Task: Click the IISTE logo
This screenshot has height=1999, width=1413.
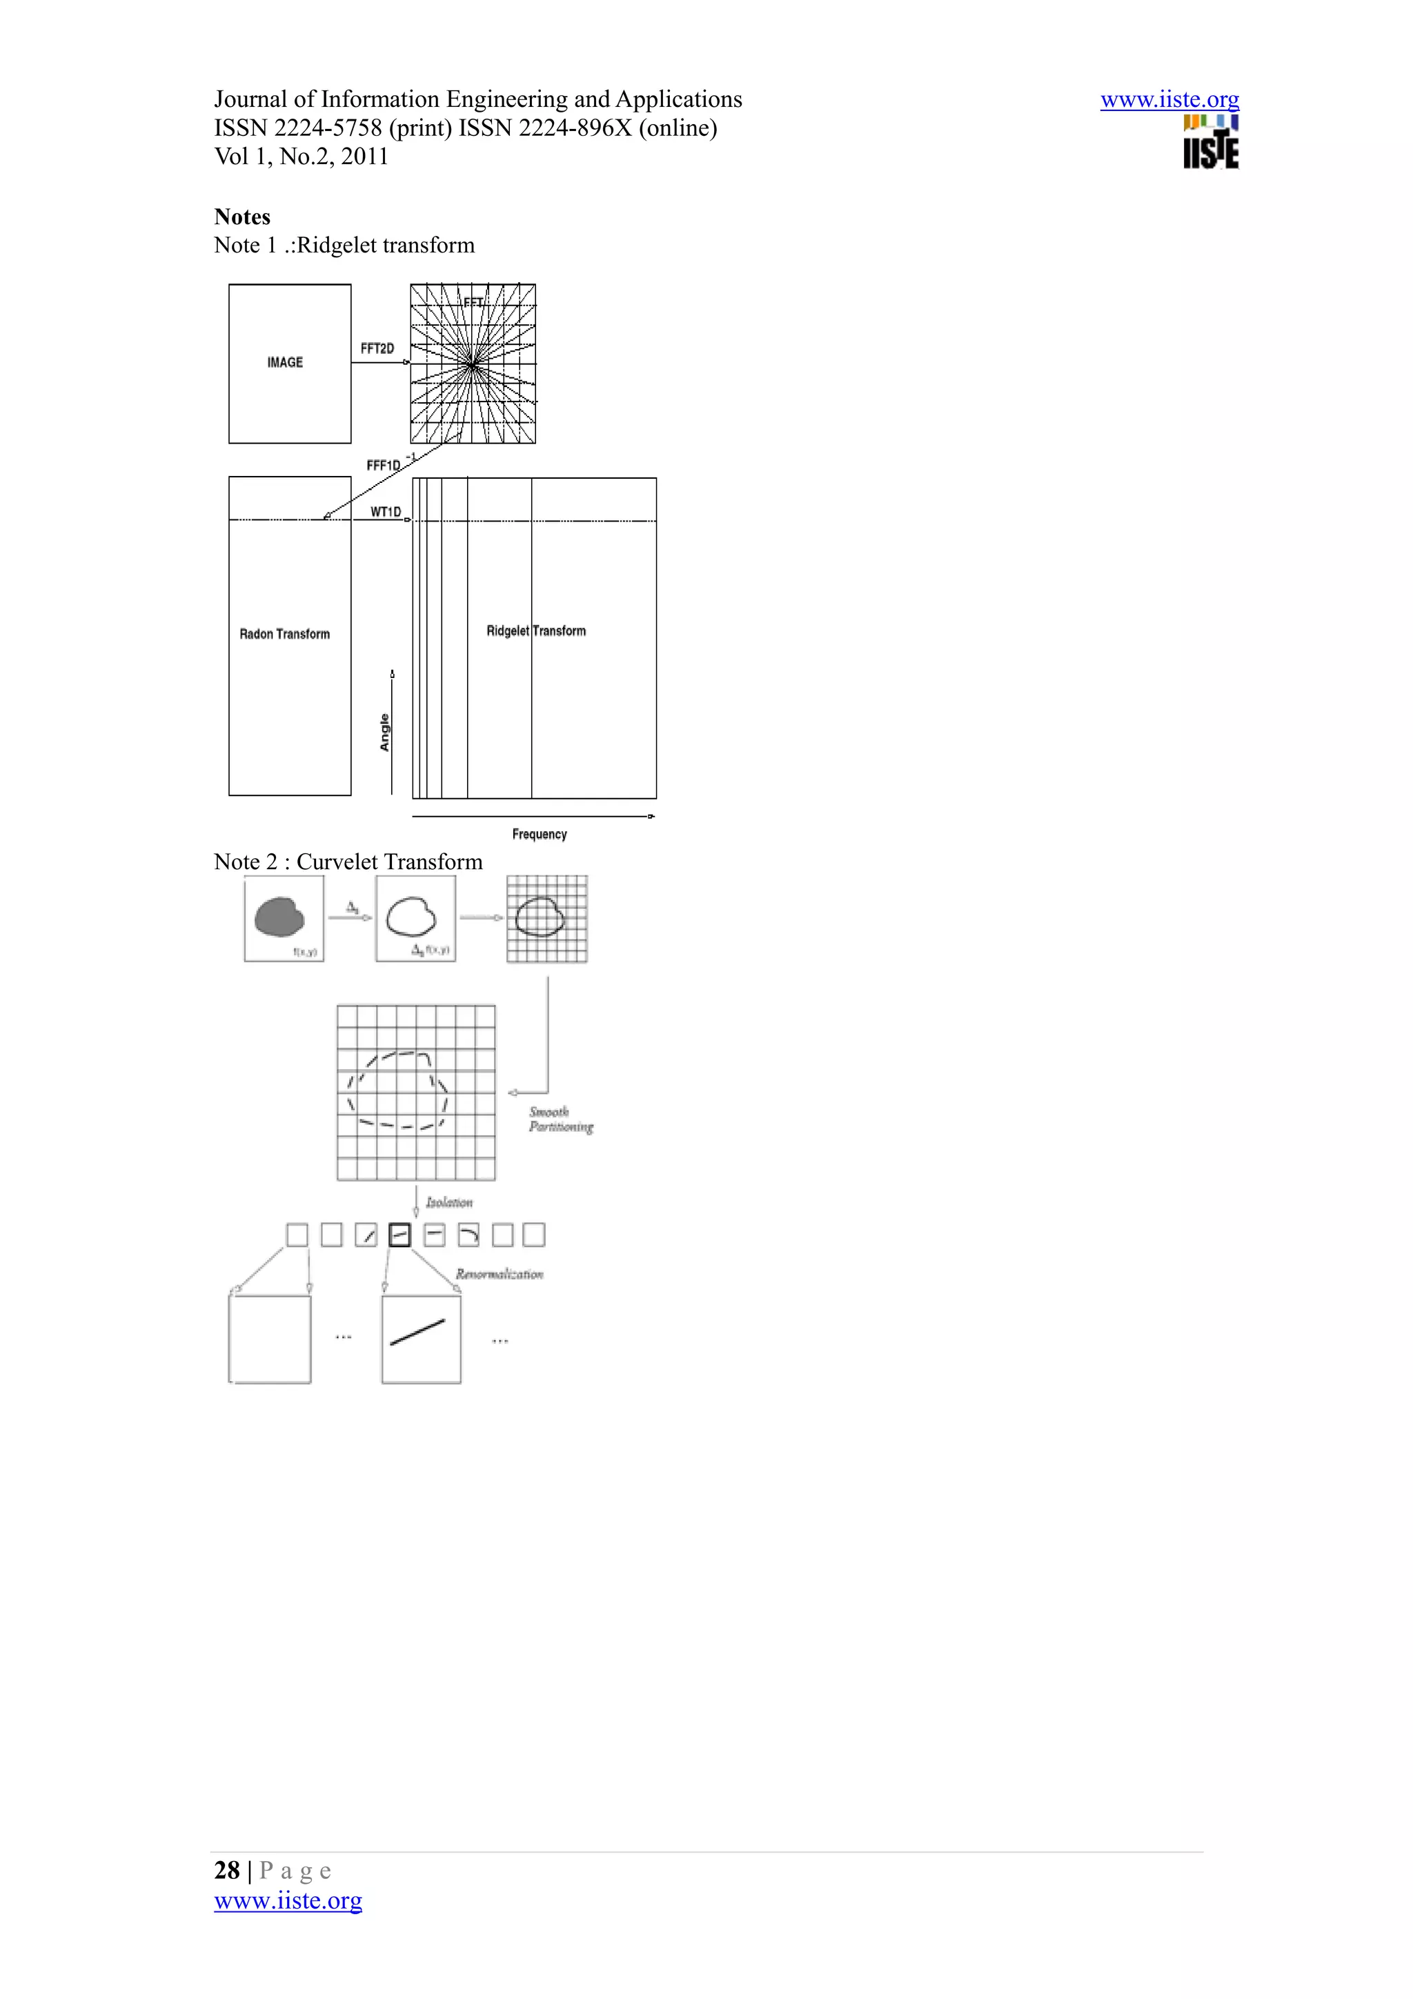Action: click(x=1210, y=143)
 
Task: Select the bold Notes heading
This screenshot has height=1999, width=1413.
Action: click(x=242, y=217)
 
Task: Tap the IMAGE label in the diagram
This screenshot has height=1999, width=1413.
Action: click(x=285, y=362)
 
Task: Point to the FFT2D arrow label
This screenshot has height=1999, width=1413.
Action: click(x=377, y=348)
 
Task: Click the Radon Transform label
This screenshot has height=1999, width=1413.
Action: click(x=285, y=634)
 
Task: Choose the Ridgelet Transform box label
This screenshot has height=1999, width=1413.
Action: click(x=535, y=630)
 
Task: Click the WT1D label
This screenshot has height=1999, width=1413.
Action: click(x=386, y=512)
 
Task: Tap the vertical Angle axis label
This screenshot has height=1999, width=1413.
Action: click(x=384, y=733)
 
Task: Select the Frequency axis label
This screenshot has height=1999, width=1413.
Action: click(x=539, y=834)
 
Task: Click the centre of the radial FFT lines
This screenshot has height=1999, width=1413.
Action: click(x=472, y=364)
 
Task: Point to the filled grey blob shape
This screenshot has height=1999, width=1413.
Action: click(x=279, y=917)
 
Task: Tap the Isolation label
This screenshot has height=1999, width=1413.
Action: click(x=448, y=1202)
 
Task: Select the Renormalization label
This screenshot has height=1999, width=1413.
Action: click(x=499, y=1274)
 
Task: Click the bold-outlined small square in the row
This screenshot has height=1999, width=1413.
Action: click(x=399, y=1235)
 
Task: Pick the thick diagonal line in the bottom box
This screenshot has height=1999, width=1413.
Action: click(x=418, y=1332)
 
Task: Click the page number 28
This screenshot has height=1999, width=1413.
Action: click(x=226, y=1870)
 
